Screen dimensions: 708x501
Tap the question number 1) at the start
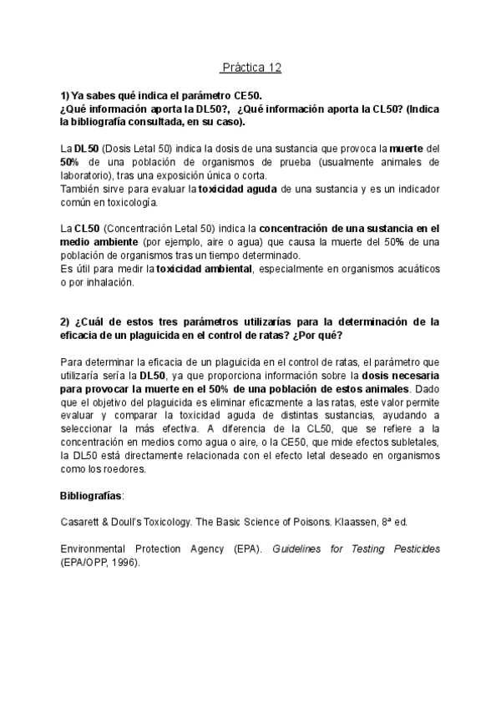(x=65, y=97)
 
